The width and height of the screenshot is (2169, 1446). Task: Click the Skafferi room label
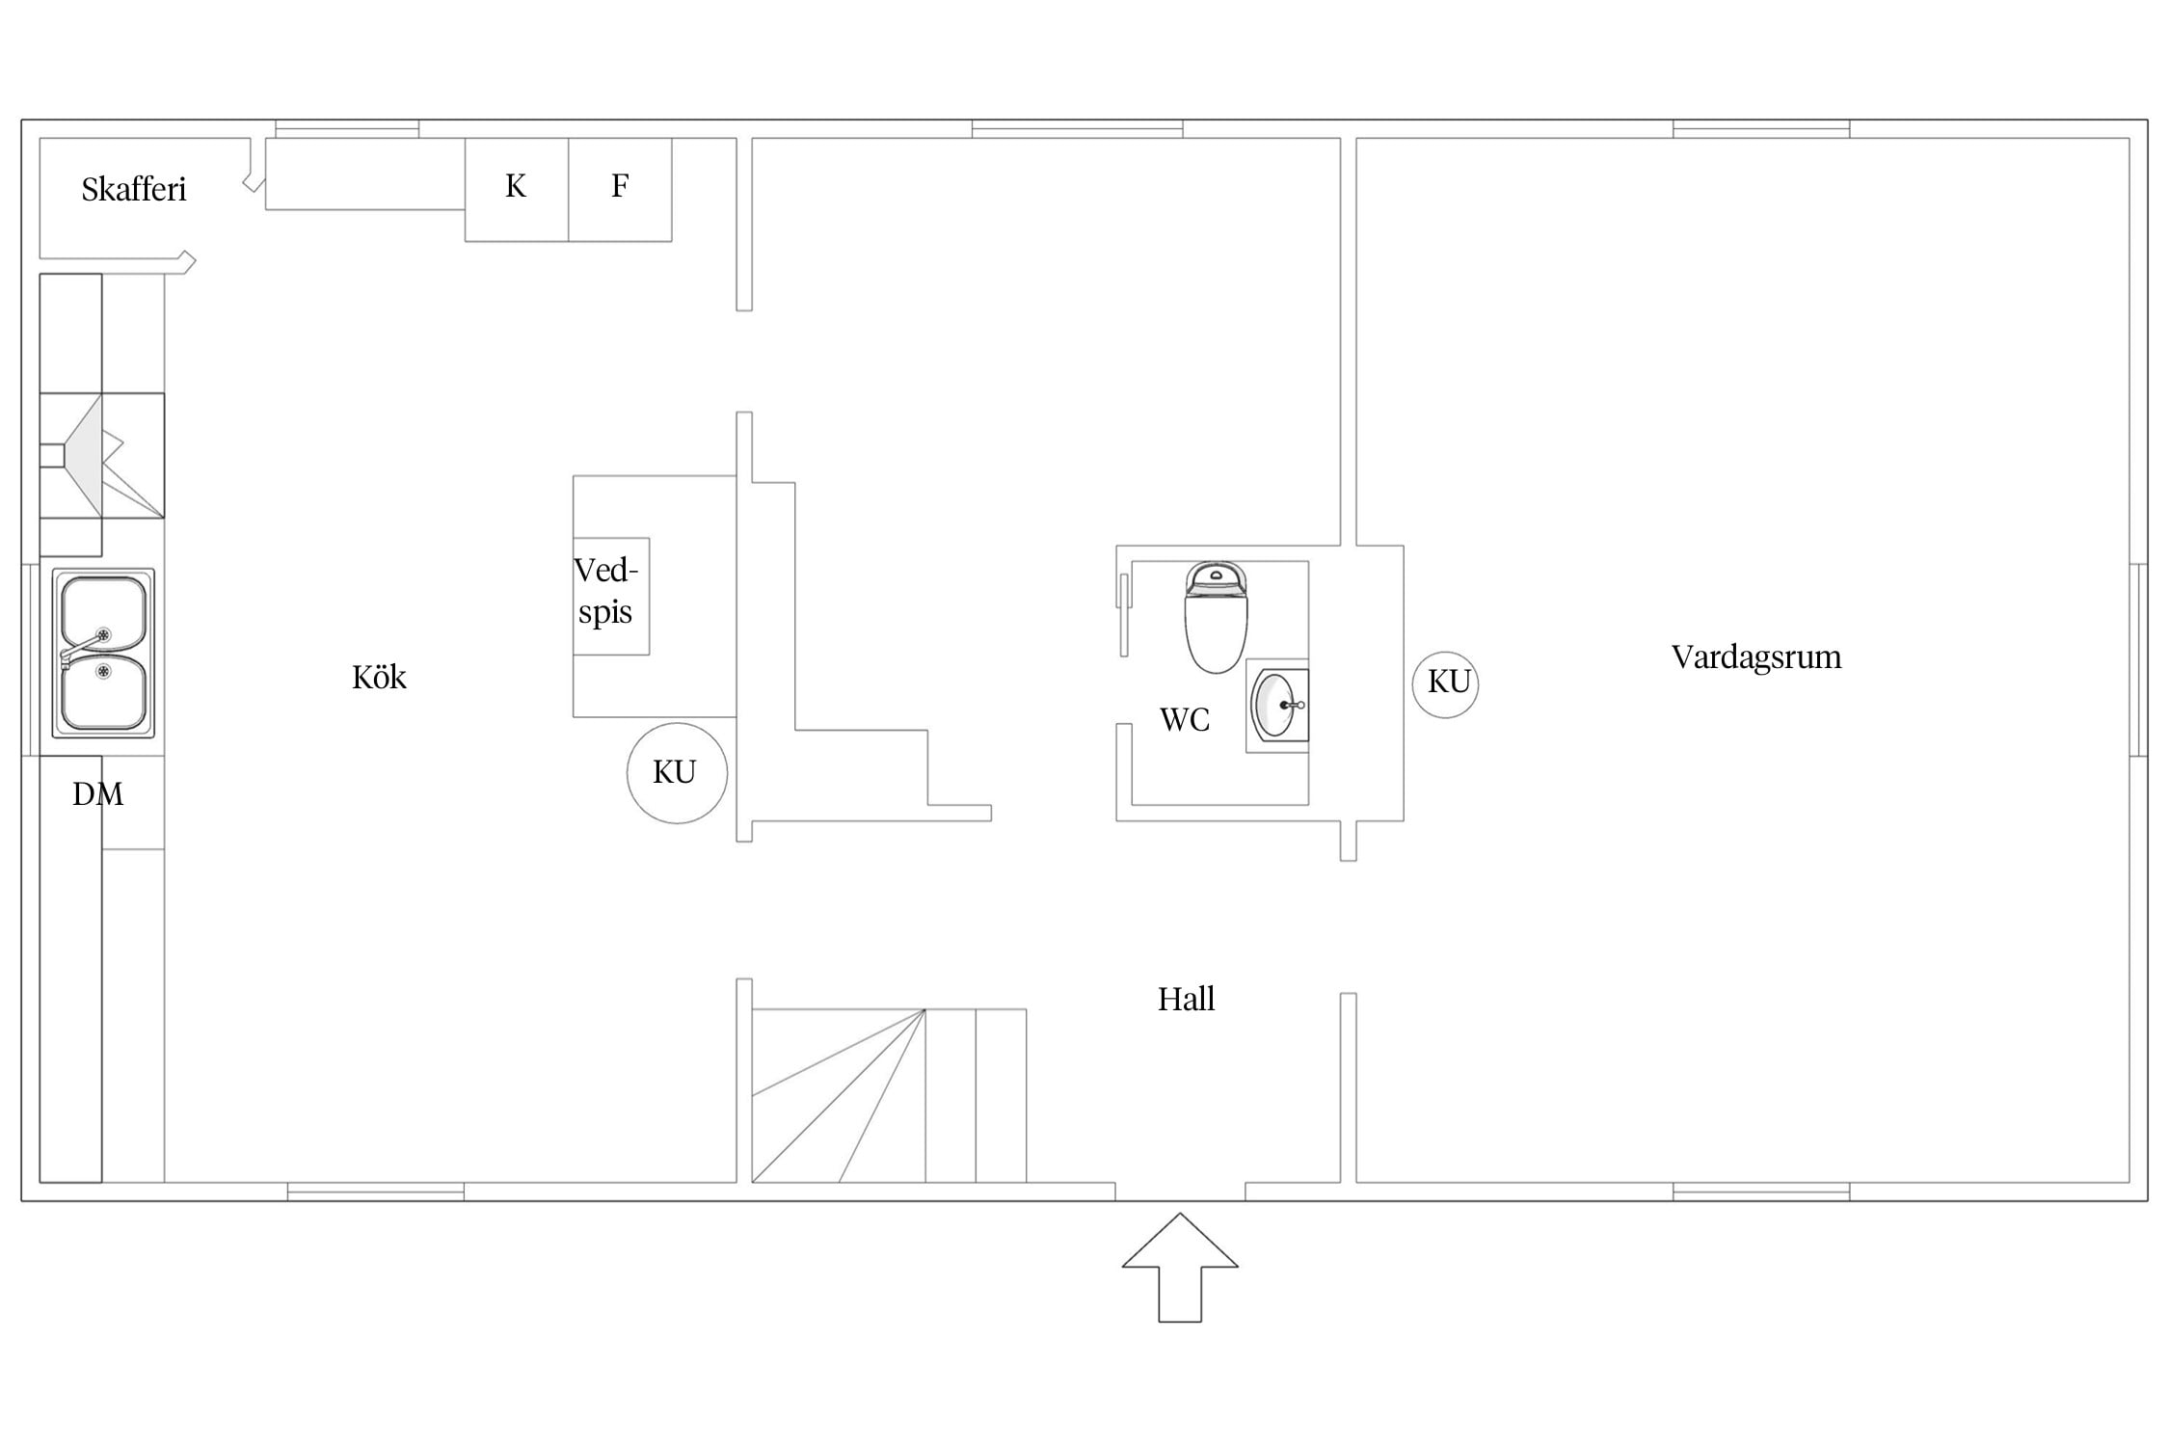coord(133,189)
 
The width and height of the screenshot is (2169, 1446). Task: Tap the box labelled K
coord(517,190)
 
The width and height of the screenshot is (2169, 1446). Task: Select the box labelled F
coord(620,190)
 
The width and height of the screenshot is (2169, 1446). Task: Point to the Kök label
coord(379,677)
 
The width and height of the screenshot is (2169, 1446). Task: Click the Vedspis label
coord(605,591)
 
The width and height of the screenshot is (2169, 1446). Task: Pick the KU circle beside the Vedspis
coord(677,773)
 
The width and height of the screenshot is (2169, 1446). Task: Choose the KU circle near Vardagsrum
coord(1445,683)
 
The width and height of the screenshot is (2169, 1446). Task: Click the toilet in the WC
coord(1216,617)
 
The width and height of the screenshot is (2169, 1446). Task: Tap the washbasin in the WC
coord(1278,705)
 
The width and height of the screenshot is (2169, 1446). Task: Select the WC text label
coord(1184,719)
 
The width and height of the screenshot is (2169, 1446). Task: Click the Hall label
coord(1186,999)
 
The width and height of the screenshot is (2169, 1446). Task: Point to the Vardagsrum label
coord(1756,657)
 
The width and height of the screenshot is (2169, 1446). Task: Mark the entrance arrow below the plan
coord(1180,1267)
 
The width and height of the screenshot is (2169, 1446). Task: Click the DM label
coord(98,794)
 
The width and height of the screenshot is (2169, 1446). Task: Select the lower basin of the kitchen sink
coord(104,694)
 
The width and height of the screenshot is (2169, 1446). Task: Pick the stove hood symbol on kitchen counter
coord(101,455)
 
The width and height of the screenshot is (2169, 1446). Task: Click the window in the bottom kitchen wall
coord(376,1192)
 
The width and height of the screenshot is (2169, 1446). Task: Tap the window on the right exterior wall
coord(2138,659)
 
